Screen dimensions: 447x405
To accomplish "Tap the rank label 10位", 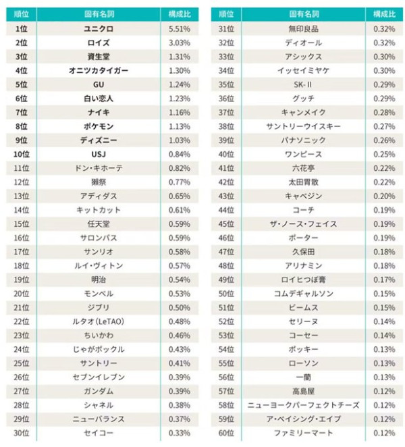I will [x=21, y=154].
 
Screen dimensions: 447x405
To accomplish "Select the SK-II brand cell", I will [x=304, y=84].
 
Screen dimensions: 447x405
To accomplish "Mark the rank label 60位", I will [x=227, y=432].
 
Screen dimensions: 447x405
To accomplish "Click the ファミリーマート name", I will [x=304, y=432].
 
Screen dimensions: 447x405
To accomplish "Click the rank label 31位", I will [x=227, y=29].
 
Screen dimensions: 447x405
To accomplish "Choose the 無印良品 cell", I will [x=304, y=29].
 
